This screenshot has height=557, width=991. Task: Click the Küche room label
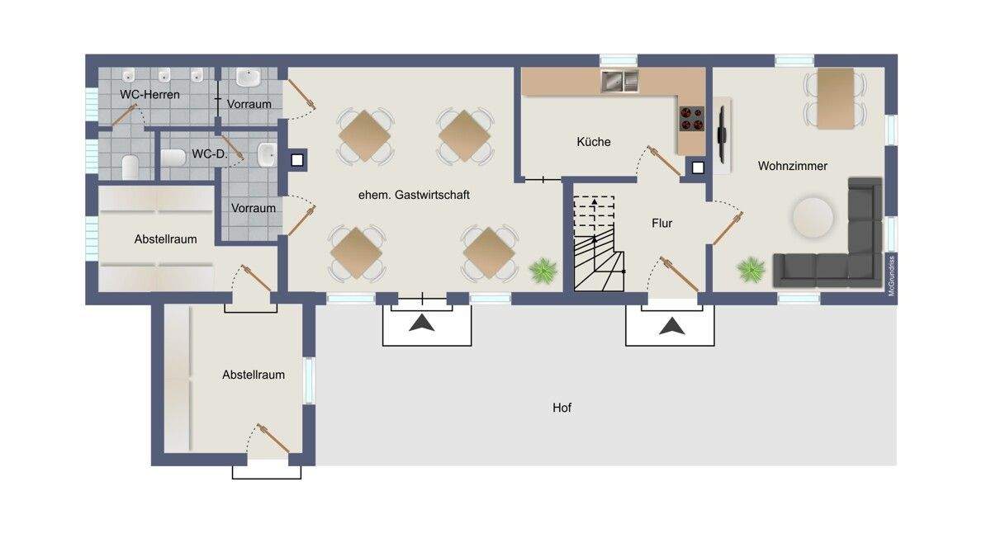pos(593,142)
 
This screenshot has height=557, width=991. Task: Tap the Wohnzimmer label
pos(792,166)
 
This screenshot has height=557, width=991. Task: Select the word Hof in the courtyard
pos(562,408)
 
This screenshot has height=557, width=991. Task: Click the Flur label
pos(661,224)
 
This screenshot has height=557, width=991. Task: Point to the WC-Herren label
pos(149,95)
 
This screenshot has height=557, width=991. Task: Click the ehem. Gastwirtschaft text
pos(414,195)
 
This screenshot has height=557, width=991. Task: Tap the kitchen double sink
pos(619,82)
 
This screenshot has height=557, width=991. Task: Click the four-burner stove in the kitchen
pos(692,119)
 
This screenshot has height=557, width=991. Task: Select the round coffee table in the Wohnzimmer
pos(813,218)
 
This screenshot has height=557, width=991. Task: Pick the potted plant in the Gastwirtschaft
pos(543,271)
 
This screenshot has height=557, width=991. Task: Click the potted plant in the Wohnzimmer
pos(751,270)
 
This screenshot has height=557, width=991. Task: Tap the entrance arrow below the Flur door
pos(672,326)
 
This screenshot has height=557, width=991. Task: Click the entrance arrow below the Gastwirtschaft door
pos(422,323)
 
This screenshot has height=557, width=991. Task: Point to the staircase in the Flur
pos(599,243)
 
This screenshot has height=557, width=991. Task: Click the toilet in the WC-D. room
pos(173,158)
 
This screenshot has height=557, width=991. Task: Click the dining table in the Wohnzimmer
pos(835,98)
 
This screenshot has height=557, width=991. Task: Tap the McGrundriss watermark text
pos(891,276)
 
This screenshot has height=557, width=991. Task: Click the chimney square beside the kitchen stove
pos(698,168)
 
